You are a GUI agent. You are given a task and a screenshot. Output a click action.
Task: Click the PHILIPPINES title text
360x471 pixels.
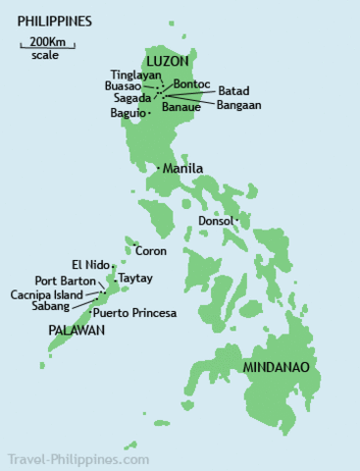click(x=55, y=20)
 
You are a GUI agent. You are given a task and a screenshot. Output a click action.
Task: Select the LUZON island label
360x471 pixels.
click(x=169, y=62)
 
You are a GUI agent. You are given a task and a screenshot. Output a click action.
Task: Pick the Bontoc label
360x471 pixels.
click(x=190, y=84)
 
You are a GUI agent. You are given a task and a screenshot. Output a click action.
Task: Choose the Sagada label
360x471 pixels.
click(x=133, y=97)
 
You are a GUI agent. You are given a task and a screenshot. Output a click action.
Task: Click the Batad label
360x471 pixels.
click(x=233, y=91)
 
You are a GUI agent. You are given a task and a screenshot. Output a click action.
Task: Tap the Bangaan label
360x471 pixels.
click(x=238, y=104)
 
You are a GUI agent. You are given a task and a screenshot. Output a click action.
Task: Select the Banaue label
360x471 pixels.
click(x=181, y=108)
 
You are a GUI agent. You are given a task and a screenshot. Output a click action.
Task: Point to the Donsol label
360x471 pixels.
click(x=215, y=221)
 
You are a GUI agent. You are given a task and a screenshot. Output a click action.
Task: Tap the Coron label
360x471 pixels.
click(x=152, y=251)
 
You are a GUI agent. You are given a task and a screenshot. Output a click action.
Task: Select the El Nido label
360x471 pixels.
click(x=89, y=264)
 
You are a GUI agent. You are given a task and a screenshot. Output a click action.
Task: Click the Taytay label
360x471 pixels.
click(x=136, y=279)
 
